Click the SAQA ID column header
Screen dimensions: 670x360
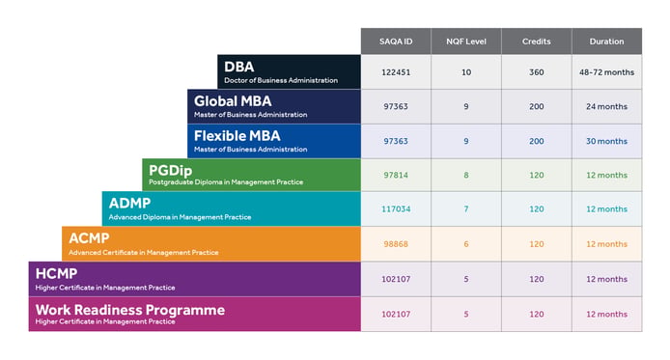(x=396, y=42)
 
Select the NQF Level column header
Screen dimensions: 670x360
(x=466, y=42)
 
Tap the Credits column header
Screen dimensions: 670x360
(x=536, y=42)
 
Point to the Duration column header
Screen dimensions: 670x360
(x=606, y=42)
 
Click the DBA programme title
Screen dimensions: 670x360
(x=238, y=67)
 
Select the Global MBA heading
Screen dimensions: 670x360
(x=233, y=101)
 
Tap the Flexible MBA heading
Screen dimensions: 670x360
(x=237, y=136)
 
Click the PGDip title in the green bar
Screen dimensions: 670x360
(x=170, y=171)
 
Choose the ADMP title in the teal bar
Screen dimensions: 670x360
(x=129, y=203)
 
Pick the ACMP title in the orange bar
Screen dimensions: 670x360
(x=89, y=237)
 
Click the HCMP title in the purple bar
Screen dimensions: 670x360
(x=56, y=273)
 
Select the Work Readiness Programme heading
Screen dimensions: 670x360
(x=130, y=310)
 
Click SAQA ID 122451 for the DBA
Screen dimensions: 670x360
(x=396, y=72)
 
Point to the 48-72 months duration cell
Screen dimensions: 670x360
(x=606, y=72)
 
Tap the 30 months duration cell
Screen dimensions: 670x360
(x=606, y=141)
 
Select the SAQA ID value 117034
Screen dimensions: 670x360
(x=396, y=208)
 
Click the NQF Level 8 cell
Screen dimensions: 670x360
(x=466, y=175)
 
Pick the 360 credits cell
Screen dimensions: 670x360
(x=536, y=72)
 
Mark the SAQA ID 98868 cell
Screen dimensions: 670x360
(x=396, y=244)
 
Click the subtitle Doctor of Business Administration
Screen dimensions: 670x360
(x=281, y=80)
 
